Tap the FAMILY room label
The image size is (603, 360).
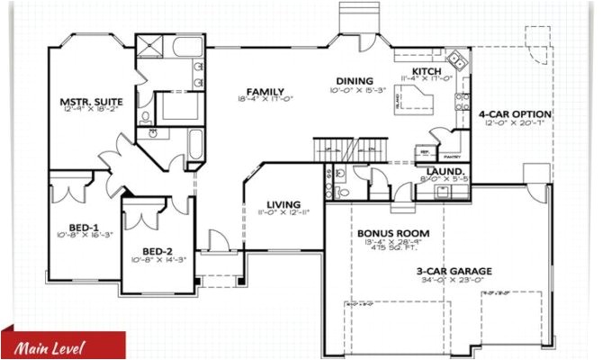coord(266,92)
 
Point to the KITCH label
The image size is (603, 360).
coord(427,72)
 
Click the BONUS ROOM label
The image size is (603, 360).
coord(393,233)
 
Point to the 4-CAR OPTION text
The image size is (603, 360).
coord(514,114)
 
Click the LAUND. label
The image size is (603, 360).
coord(445,171)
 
